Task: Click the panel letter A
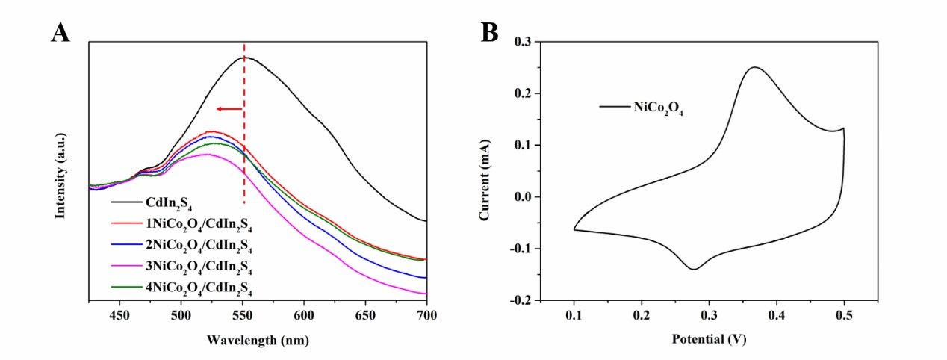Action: click(61, 33)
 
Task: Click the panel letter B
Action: click(489, 33)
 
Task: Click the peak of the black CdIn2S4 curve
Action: click(245, 57)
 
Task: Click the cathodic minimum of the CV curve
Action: click(694, 269)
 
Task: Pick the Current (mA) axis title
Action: click(485, 173)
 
